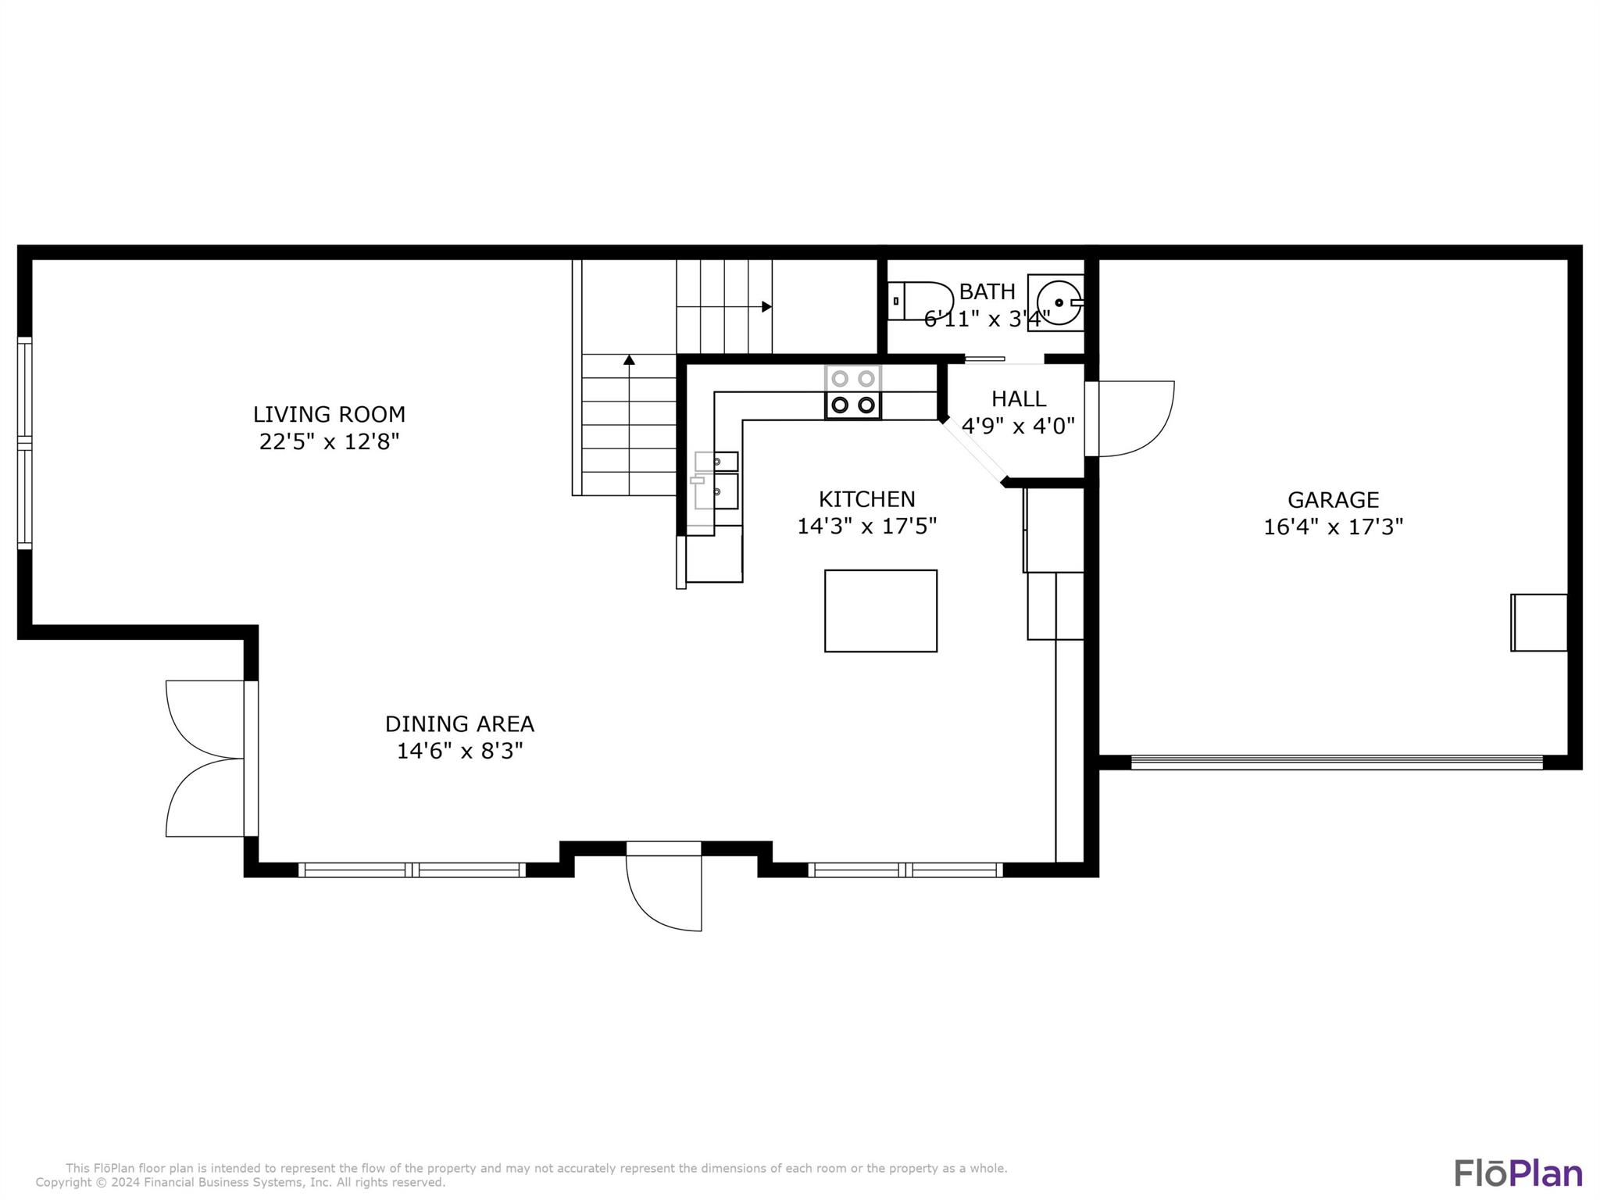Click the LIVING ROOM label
pyautogui.click(x=329, y=414)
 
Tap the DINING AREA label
pyautogui.click(x=459, y=724)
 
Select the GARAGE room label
pyautogui.click(x=1333, y=500)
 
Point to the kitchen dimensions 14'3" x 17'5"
pyautogui.click(x=866, y=527)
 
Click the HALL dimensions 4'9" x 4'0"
pyautogui.click(x=1018, y=427)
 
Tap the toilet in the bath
pyautogui.click(x=920, y=301)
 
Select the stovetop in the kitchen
pyautogui.click(x=853, y=392)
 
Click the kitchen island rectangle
pyautogui.click(x=880, y=611)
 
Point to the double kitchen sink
pyautogui.click(x=716, y=480)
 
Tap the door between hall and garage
pyautogui.click(x=1133, y=419)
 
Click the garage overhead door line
pyautogui.click(x=1337, y=762)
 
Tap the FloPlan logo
pyautogui.click(x=1518, y=1173)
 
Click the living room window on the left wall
pyautogui.click(x=25, y=444)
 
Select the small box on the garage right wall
pyautogui.click(x=1539, y=623)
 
